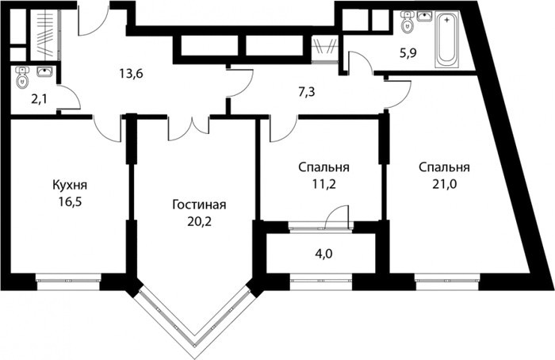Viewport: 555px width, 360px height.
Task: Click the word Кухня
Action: click(70, 185)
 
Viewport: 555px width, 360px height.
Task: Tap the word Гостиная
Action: click(199, 205)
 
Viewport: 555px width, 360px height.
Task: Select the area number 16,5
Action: click(71, 201)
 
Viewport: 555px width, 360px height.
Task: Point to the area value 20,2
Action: click(200, 221)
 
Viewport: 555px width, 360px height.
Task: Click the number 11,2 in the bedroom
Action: click(323, 184)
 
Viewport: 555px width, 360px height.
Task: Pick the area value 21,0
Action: click(444, 184)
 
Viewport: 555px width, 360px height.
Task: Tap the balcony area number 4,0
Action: click(324, 254)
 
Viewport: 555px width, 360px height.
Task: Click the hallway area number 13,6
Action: click(131, 74)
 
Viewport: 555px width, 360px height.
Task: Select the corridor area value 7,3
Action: click(306, 93)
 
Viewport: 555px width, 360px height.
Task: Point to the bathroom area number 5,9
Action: click(408, 53)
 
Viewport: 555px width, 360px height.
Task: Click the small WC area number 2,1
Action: click(39, 99)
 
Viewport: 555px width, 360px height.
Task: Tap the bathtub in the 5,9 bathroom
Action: click(447, 39)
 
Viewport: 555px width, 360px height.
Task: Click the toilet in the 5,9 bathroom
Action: click(408, 22)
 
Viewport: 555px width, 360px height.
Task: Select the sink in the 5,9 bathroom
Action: click(424, 16)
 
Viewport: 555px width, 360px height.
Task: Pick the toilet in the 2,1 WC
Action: click(22, 78)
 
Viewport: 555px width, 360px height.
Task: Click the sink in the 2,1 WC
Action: click(44, 72)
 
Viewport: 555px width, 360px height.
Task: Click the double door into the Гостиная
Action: click(189, 128)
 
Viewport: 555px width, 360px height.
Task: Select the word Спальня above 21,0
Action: click(444, 167)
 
